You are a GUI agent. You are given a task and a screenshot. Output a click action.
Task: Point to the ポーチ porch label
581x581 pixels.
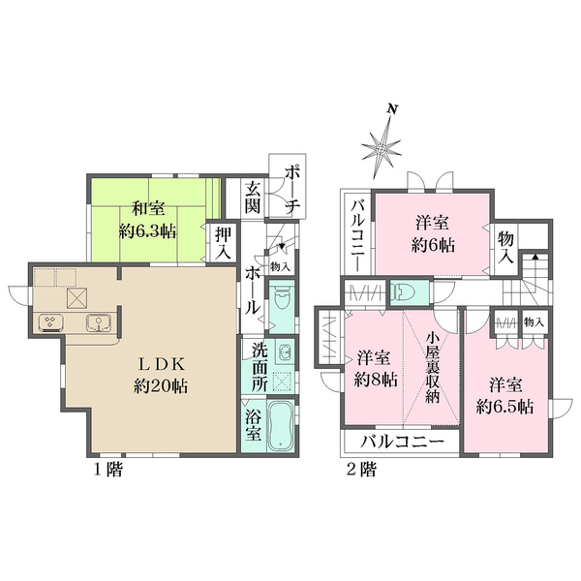[290, 190]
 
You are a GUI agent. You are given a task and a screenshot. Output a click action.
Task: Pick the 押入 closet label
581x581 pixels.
[223, 242]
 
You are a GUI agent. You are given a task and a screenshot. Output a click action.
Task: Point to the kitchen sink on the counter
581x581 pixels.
[97, 322]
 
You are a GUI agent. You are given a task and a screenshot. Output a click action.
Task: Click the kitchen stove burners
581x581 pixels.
[49, 322]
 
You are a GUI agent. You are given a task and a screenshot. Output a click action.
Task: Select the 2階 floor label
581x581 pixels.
[361, 471]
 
